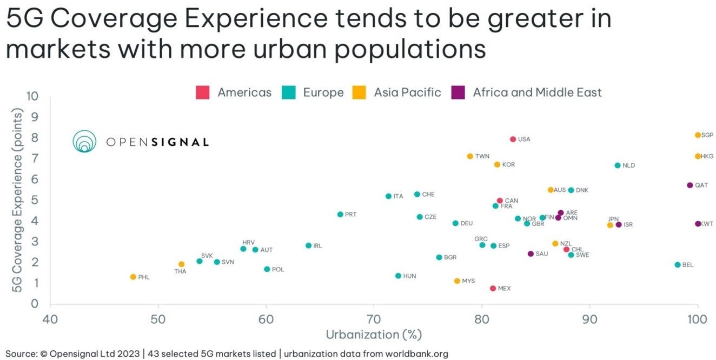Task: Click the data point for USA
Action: [513, 139]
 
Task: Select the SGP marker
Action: [698, 135]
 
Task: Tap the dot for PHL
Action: [133, 277]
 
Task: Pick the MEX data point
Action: [493, 288]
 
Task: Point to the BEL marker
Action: [677, 265]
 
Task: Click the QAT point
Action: [690, 185]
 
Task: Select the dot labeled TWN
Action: [470, 156]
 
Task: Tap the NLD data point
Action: [617, 165]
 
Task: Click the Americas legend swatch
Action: [202, 92]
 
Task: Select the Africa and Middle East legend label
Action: [537, 92]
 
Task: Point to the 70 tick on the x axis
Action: [374, 319]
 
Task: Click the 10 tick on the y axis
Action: [32, 96]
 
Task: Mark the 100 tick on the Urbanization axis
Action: [697, 319]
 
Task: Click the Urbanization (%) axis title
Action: [374, 335]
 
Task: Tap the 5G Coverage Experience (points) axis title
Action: [17, 200]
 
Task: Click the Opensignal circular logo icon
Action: [84, 142]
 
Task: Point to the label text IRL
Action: [317, 246]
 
